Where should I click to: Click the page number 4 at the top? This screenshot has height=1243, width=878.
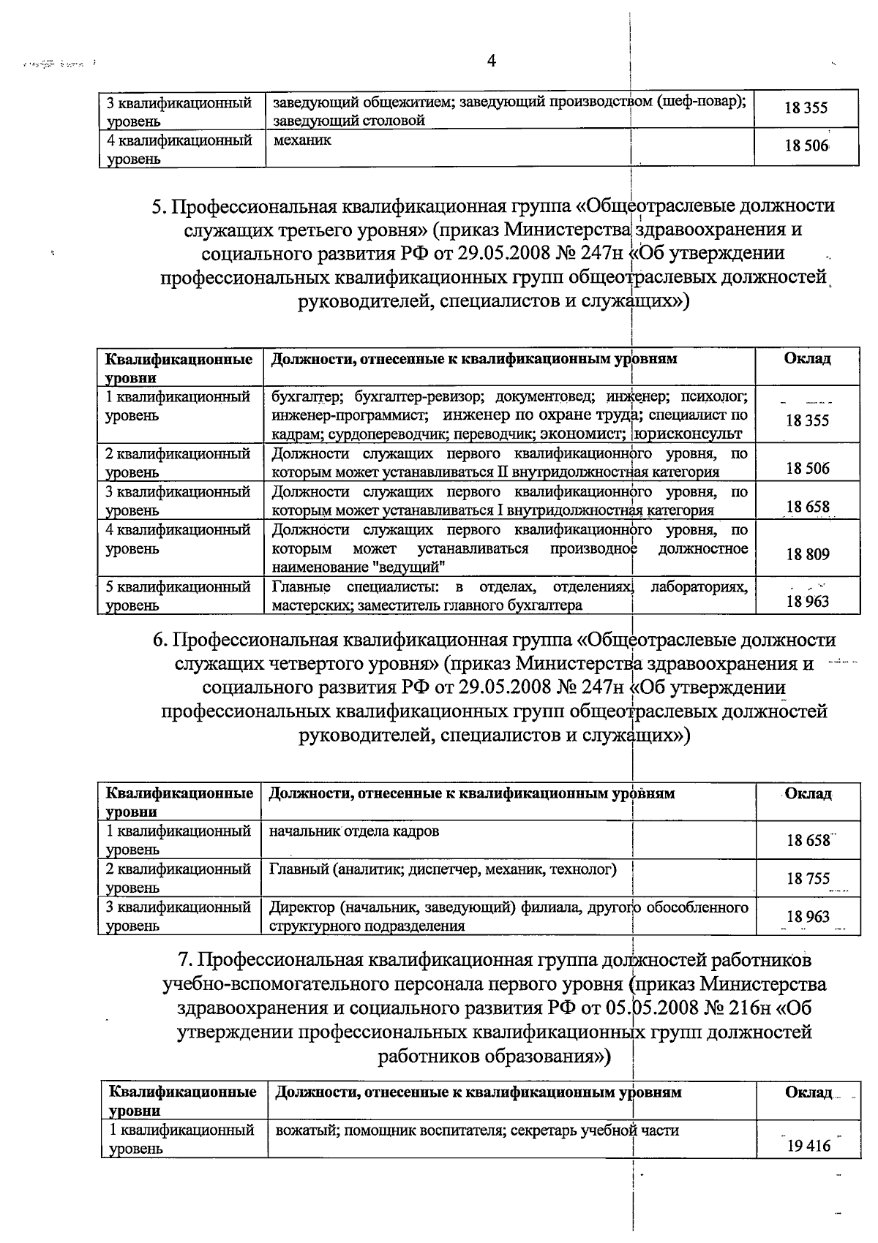[492, 61]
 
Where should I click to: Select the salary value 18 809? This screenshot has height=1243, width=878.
[808, 555]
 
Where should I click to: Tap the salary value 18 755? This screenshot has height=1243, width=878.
[808, 879]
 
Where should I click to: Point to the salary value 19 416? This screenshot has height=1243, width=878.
[808, 1146]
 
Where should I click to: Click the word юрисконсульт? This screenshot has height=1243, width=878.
[689, 434]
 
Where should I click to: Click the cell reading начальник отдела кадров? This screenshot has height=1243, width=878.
[354, 831]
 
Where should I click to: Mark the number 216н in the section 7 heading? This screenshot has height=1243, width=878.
[748, 1008]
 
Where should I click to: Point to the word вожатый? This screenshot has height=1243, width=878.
[305, 1130]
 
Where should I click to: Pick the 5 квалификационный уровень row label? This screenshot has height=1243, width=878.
[178, 595]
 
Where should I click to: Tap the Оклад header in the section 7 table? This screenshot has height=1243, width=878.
[808, 1092]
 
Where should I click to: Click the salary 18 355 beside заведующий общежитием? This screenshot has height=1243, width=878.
[806, 108]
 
